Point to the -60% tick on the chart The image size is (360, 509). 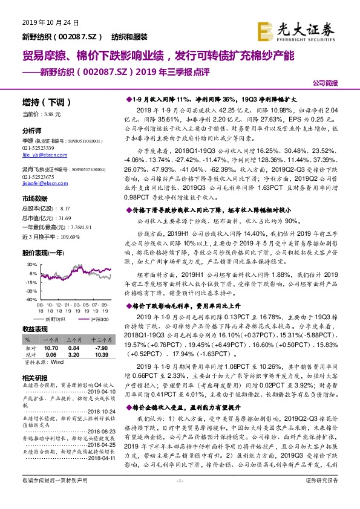[x=30, y=299]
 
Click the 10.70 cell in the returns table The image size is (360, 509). [x=50, y=348]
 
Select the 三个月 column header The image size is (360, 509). [x=73, y=341]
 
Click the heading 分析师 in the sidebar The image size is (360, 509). [x=32, y=131]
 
